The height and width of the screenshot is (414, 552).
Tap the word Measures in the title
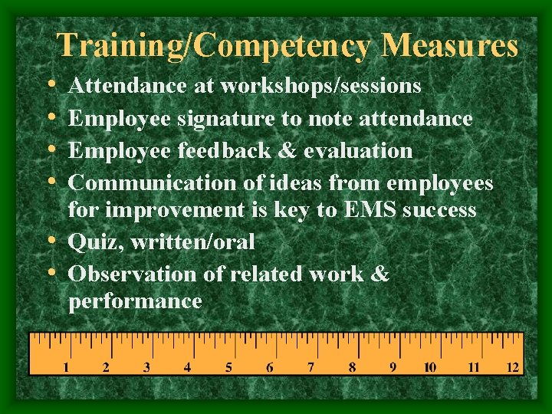452,45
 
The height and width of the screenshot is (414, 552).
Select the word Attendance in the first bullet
129,86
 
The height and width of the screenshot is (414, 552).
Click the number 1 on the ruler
66,367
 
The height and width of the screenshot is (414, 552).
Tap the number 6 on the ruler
270,367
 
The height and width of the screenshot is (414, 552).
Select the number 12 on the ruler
513,367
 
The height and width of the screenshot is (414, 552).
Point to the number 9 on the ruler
393,367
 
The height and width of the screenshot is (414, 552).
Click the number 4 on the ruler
188,367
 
